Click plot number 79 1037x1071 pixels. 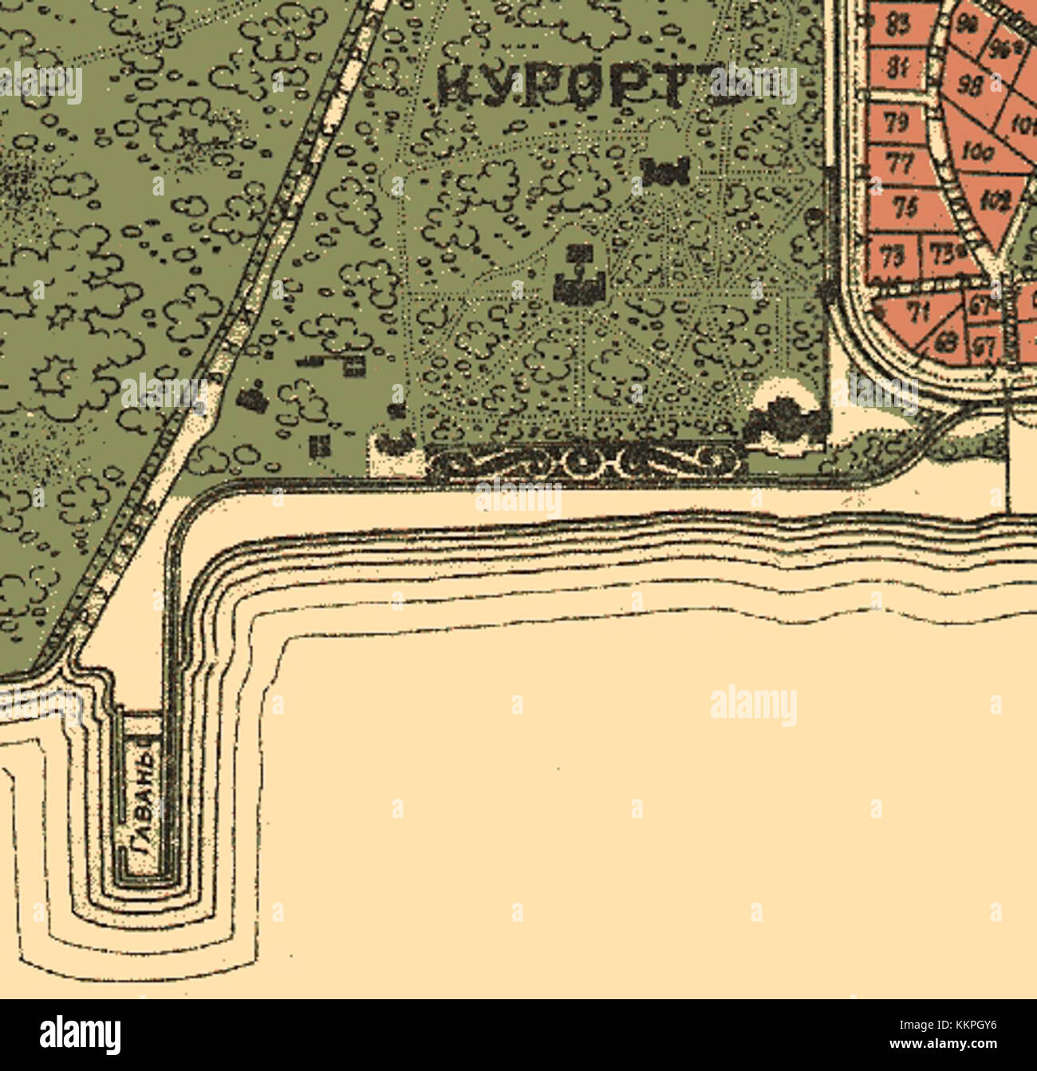point(897,122)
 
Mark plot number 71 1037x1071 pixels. point(920,313)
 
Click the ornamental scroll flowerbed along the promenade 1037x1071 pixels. point(586,460)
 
